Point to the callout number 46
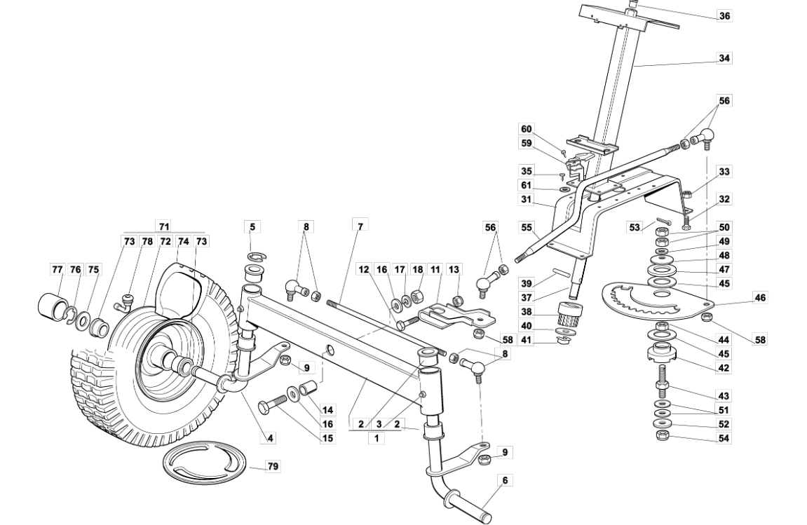pos(760,298)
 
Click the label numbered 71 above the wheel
pos(164,226)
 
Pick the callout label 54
pos(724,437)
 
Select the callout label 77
pos(58,270)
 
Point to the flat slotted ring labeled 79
pos(207,464)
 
